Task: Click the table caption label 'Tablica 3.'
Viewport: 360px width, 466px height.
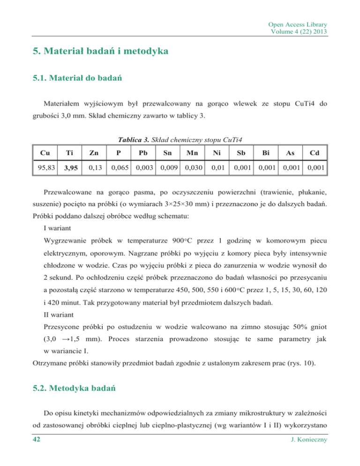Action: pyautogui.click(x=131, y=138)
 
